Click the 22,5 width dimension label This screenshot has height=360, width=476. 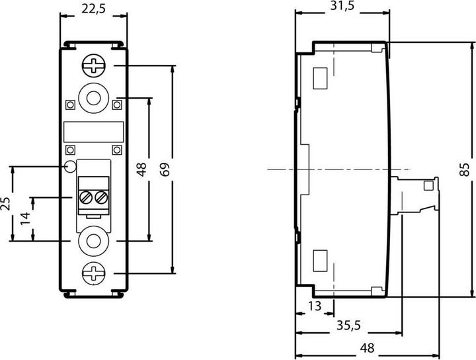(93, 9)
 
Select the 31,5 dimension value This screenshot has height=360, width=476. (342, 6)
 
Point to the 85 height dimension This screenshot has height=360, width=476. (465, 169)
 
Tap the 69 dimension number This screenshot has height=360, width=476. (165, 169)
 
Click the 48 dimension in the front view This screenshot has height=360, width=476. (141, 169)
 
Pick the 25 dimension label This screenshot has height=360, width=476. (5, 203)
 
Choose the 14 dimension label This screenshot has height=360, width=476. (26, 219)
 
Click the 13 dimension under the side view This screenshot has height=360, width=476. (314, 306)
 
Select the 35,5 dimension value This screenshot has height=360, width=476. (348, 326)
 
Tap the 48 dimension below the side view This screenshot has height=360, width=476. (367, 348)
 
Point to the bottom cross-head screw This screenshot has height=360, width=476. (94, 273)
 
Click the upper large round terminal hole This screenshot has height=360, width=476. (94, 98)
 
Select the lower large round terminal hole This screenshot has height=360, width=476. (94, 242)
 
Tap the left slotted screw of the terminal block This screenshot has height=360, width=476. (86, 197)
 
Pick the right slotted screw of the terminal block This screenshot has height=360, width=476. (101, 197)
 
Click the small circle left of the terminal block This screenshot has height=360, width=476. (71, 167)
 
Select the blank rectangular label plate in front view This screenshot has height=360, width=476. (94, 132)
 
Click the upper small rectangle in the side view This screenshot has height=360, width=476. (320, 78)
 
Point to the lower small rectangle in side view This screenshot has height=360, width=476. (320, 261)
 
